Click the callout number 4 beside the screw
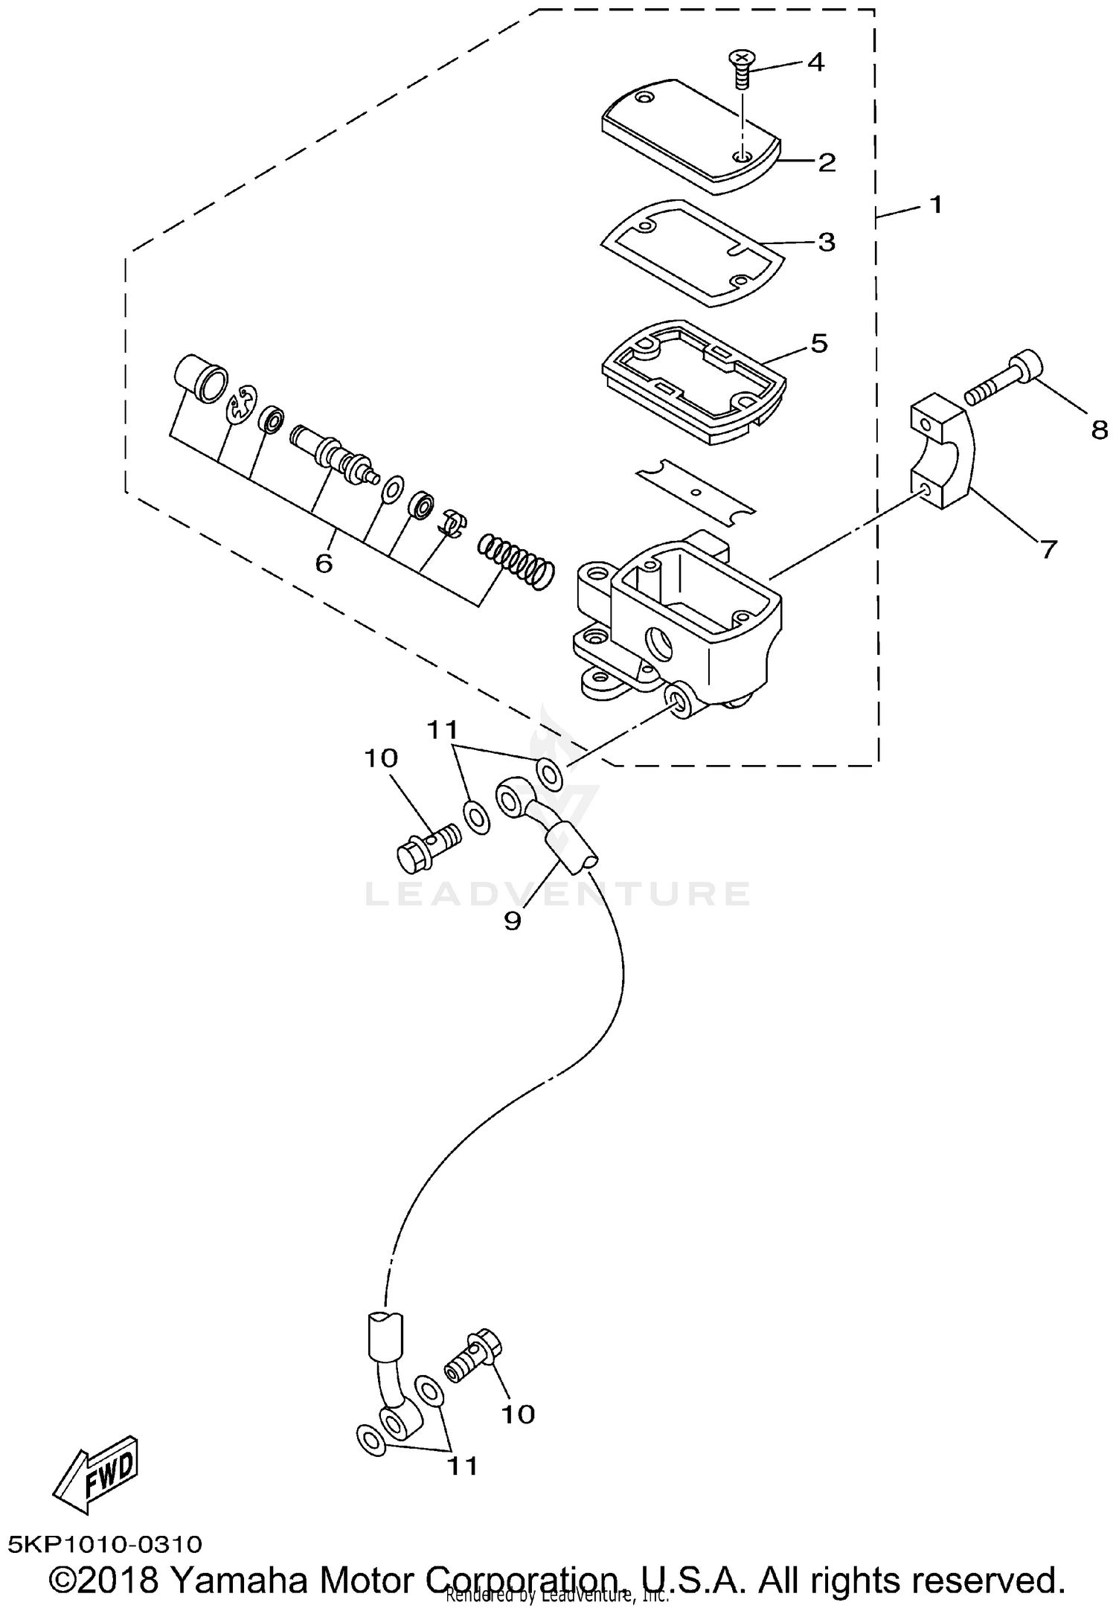815,63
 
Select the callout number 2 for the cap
827,162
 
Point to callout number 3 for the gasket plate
827,242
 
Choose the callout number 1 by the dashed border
937,204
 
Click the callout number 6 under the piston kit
324,563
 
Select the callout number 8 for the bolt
1099,429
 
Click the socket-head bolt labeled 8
1004,378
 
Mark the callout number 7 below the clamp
1048,549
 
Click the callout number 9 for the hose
513,920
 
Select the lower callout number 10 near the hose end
518,1414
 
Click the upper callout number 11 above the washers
443,729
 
